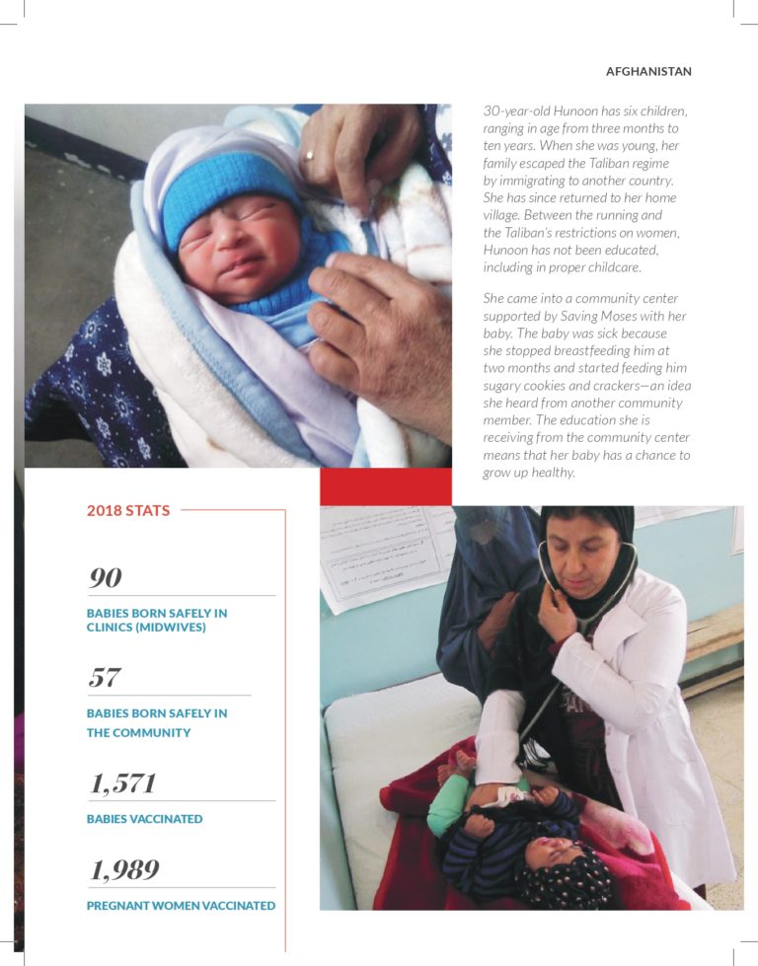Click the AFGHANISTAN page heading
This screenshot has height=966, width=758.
tap(647, 72)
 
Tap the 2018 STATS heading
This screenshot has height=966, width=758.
tap(128, 511)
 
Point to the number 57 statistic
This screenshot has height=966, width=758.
tap(105, 678)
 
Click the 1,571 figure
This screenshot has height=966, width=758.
tap(122, 784)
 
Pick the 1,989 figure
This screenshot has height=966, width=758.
tap(123, 870)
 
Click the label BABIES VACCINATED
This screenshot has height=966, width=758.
tap(144, 819)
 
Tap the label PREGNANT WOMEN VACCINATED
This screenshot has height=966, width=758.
tap(181, 906)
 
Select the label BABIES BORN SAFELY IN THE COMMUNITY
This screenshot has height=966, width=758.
tap(156, 723)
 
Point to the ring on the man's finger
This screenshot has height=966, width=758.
tap(309, 155)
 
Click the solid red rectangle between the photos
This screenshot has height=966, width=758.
tap(385, 486)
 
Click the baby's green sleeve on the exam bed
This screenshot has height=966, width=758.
tap(445, 803)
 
